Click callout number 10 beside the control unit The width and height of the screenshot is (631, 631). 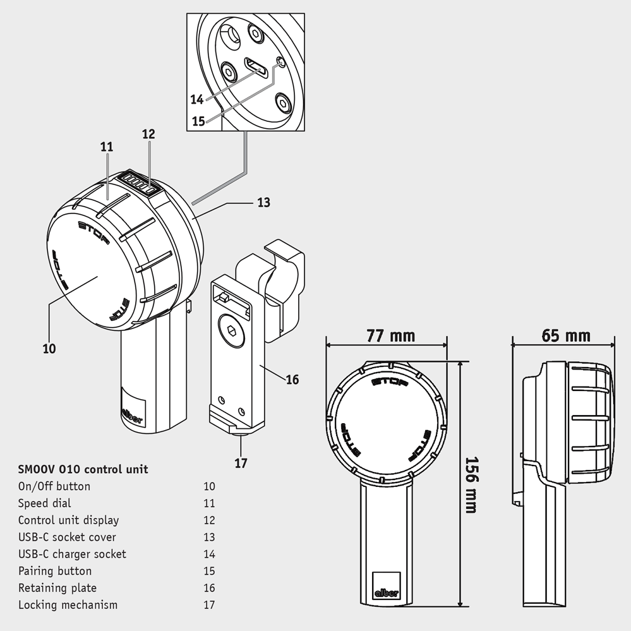[x=49, y=349]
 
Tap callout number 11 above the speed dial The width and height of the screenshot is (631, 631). [x=106, y=147]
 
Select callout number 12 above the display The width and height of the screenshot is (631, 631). [x=148, y=134]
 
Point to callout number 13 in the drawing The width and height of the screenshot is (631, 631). [x=264, y=202]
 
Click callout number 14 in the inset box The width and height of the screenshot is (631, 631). [x=197, y=99]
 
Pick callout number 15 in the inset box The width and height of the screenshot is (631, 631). [x=198, y=121]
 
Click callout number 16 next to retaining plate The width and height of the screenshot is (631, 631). [x=292, y=380]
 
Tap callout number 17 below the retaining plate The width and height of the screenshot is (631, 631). [x=241, y=463]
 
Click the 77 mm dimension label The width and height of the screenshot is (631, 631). [x=391, y=335]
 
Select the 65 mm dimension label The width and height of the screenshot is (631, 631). [x=566, y=335]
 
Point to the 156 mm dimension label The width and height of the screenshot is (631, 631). [x=471, y=484]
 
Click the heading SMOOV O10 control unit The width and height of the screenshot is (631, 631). [x=83, y=469]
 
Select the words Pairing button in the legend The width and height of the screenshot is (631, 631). [x=55, y=571]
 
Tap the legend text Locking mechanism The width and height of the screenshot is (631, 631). [x=68, y=605]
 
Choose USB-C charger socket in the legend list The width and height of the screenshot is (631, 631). [x=72, y=554]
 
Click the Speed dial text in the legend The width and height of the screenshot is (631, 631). [x=45, y=503]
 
